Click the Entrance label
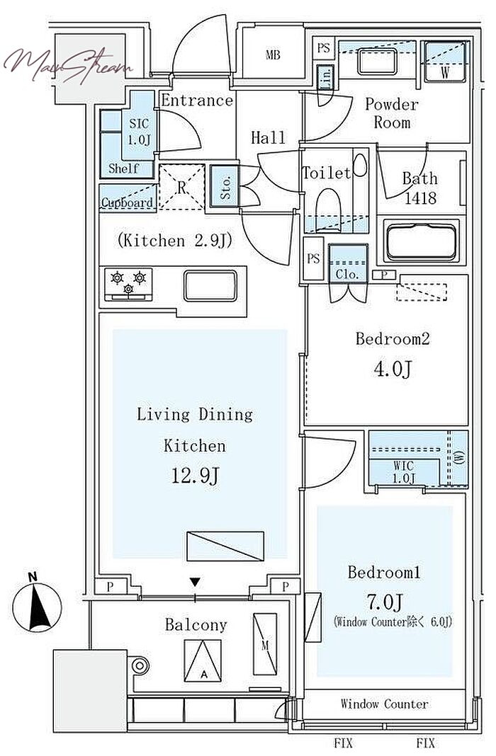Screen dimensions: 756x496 [196, 101]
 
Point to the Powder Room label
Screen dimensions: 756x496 [391, 113]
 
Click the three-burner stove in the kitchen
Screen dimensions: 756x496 [129, 283]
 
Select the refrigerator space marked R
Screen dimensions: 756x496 [182, 187]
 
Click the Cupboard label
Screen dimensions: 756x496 [127, 203]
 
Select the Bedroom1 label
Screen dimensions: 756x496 [384, 572]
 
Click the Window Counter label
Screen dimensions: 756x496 [384, 704]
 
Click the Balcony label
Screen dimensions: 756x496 [196, 624]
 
